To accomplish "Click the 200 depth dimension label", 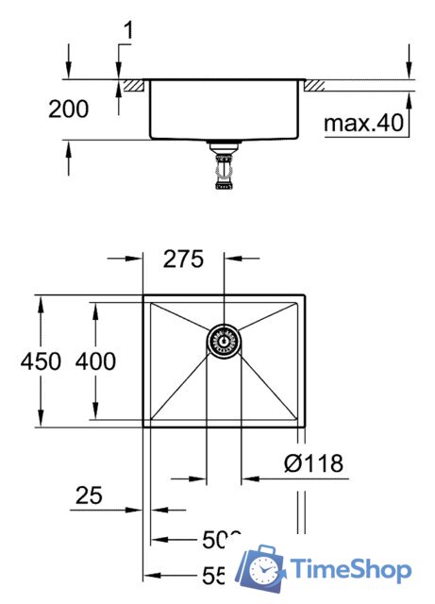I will click(x=68, y=109).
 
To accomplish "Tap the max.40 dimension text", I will click(x=362, y=122).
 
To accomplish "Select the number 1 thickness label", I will click(x=127, y=31).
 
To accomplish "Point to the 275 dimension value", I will click(x=183, y=260).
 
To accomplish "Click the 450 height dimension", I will click(x=42, y=361).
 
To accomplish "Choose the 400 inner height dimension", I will click(x=97, y=361).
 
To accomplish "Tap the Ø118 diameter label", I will click(x=312, y=463).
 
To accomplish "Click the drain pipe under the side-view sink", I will click(x=224, y=168).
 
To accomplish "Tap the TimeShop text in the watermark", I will click(x=351, y=570).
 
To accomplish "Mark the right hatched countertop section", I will click(x=313, y=85).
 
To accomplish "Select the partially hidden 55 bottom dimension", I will click(x=217, y=574).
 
